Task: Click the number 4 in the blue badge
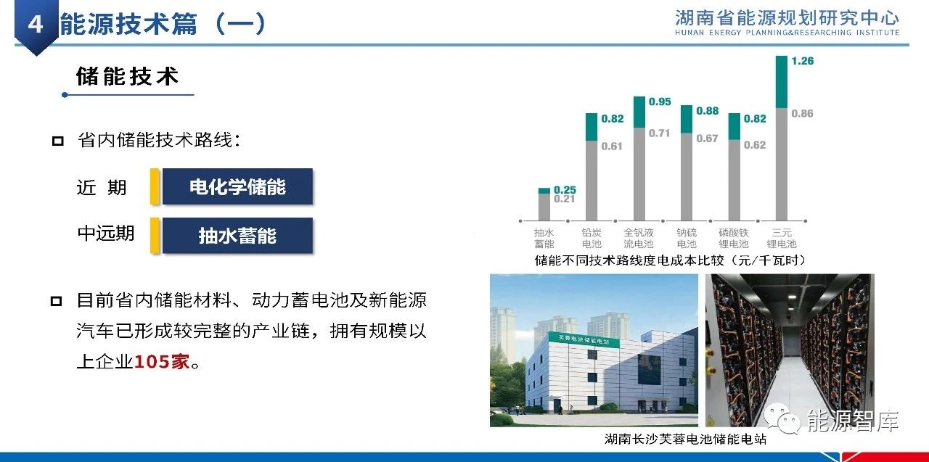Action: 36,24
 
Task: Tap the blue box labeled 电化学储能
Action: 237,186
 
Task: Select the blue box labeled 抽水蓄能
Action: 237,235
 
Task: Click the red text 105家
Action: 162,362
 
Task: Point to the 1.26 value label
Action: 803,61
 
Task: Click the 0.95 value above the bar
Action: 660,102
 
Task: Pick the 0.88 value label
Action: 708,111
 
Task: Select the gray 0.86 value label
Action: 802,113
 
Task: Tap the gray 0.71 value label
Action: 660,133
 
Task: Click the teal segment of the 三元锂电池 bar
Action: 782,82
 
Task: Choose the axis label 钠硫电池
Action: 687,238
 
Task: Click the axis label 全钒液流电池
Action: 639,238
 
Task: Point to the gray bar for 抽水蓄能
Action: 544,207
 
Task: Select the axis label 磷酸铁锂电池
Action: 734,238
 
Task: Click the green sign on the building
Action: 584,339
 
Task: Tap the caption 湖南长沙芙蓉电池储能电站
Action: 686,439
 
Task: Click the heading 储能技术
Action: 128,77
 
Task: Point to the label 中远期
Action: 106,234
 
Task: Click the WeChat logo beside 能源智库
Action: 782,418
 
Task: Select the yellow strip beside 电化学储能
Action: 155,186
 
